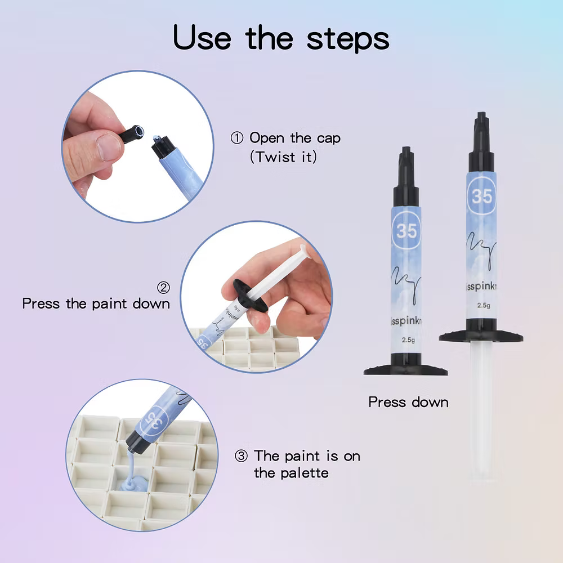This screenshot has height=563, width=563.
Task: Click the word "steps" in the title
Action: pos(348,38)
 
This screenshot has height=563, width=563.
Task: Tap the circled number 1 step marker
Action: pos(237,138)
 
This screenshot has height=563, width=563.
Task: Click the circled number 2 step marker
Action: pos(163,288)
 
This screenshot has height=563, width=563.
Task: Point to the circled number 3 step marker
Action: pos(241,455)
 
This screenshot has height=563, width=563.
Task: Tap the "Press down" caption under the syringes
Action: pos(408,402)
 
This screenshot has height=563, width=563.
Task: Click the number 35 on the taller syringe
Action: pos(481,196)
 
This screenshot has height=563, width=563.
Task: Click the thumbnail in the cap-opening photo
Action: pos(108,147)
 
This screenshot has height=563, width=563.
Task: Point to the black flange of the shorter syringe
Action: pos(405,370)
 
